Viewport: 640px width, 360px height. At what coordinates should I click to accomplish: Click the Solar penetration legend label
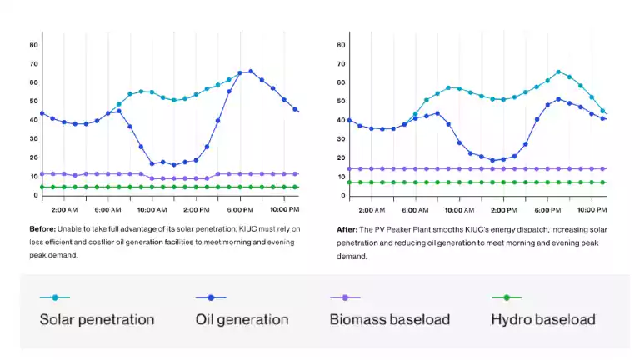tap(97, 319)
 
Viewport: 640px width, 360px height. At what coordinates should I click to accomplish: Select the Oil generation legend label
tap(242, 319)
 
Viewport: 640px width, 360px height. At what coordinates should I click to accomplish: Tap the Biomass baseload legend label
tap(389, 319)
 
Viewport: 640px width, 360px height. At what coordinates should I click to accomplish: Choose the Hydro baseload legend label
tap(543, 319)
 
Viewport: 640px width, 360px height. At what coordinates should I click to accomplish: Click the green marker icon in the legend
tap(507, 297)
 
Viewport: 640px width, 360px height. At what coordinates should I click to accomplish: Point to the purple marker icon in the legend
tap(345, 297)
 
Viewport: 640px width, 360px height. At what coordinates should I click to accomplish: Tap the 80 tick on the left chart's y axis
tap(34, 44)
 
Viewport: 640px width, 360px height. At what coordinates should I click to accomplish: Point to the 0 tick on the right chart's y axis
tap(342, 196)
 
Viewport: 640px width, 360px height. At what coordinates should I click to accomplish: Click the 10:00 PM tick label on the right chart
tap(592, 209)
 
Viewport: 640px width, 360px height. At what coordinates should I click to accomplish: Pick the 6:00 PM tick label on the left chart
tap(241, 209)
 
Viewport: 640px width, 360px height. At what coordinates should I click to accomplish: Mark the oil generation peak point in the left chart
tap(251, 72)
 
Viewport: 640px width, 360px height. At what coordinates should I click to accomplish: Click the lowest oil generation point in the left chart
tap(173, 165)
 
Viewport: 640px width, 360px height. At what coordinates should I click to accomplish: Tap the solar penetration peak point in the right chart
tap(558, 72)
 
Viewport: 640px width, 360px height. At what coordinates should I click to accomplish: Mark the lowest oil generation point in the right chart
tap(492, 160)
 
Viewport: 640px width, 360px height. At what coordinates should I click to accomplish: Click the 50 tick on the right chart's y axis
tap(341, 101)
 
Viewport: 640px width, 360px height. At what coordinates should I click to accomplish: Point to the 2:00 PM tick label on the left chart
tap(197, 209)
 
